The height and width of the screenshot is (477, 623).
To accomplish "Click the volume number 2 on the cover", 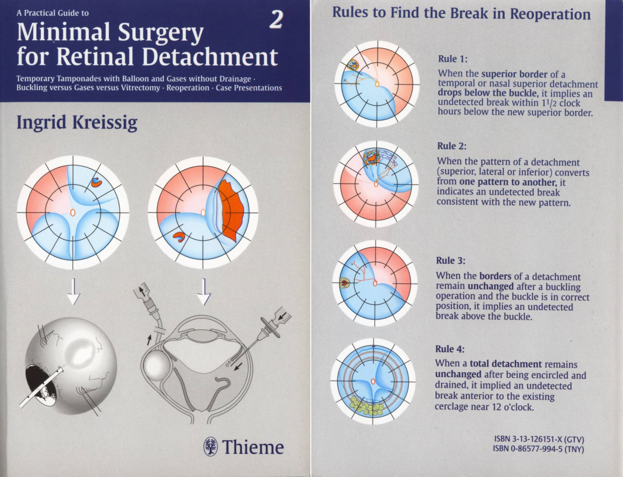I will pyautogui.click(x=276, y=20).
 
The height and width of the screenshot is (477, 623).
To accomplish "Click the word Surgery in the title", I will pyautogui.click(x=161, y=33).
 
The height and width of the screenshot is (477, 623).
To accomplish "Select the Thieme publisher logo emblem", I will pyautogui.click(x=210, y=447).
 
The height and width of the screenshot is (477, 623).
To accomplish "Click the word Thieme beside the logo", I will pyautogui.click(x=253, y=447).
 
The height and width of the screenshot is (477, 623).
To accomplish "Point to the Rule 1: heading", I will pyautogui.click(x=453, y=59).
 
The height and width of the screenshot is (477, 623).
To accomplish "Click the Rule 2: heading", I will pyautogui.click(x=452, y=146).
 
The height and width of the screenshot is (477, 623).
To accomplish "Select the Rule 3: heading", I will pyautogui.click(x=451, y=261).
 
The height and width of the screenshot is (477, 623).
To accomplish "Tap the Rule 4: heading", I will pyautogui.click(x=450, y=349).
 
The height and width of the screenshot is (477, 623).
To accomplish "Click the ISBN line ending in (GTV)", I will pyautogui.click(x=539, y=439).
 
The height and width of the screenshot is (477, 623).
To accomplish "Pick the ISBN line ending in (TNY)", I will pyautogui.click(x=538, y=448).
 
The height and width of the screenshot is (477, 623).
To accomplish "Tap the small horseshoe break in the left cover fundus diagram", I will pyautogui.click(x=97, y=182).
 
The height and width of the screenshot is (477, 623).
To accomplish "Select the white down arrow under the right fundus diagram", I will pyautogui.click(x=204, y=292).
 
